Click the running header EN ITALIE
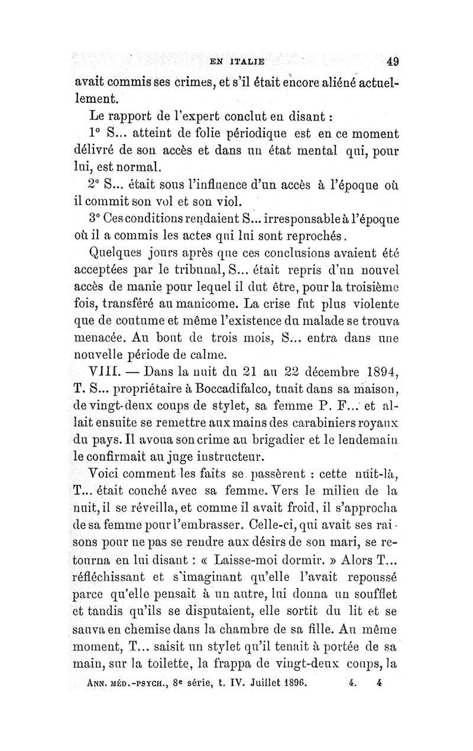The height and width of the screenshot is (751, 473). click(238, 61)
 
